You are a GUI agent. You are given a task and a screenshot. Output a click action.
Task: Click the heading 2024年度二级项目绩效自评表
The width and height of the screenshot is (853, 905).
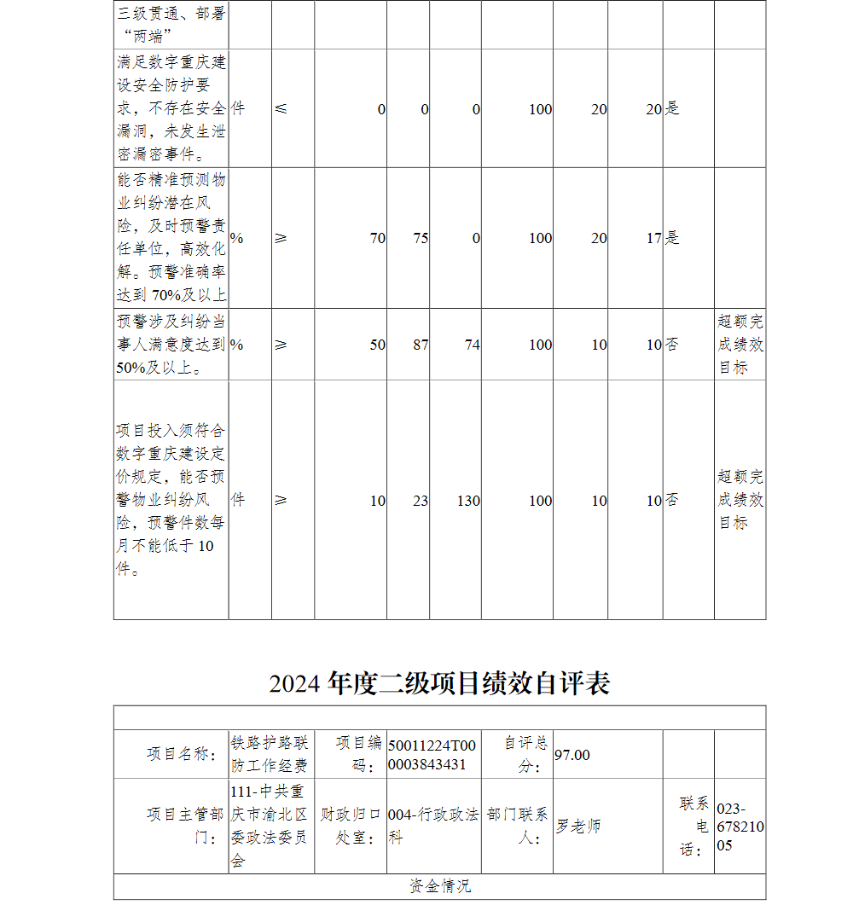(x=439, y=683)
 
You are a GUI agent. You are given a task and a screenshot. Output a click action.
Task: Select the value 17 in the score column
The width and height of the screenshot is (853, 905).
(x=653, y=239)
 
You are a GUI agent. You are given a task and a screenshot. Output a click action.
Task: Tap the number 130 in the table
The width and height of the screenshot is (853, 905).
(x=468, y=501)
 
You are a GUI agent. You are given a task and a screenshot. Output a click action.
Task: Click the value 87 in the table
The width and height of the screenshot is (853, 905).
(x=421, y=345)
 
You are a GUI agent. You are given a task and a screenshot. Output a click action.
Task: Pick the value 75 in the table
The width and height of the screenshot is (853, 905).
(x=421, y=239)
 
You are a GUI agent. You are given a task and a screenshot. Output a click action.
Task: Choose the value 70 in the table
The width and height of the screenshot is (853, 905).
(x=377, y=239)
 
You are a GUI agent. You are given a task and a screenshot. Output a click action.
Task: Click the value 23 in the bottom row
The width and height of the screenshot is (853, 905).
(x=421, y=501)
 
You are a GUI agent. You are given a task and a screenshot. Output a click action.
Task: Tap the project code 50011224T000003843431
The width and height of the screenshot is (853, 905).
(x=432, y=755)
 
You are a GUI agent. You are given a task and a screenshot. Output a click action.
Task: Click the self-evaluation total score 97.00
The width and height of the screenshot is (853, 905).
(x=572, y=755)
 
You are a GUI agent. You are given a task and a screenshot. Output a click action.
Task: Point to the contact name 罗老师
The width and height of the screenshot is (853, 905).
(x=578, y=827)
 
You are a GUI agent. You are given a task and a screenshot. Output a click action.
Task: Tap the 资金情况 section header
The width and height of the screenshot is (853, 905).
(x=439, y=886)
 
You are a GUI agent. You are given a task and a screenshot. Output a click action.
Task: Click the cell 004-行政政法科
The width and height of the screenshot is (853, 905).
(x=432, y=827)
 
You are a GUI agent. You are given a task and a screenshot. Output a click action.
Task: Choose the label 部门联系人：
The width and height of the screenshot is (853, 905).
(x=518, y=827)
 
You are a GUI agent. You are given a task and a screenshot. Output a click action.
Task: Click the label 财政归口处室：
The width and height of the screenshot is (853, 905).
(x=351, y=827)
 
